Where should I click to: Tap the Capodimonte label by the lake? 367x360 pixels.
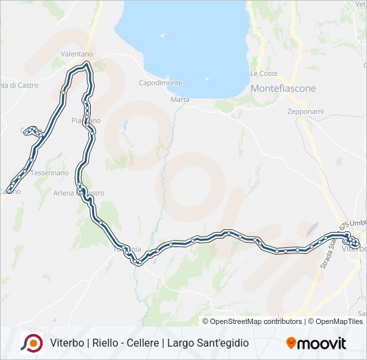tap(160, 83)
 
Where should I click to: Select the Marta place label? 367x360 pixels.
tap(180, 99)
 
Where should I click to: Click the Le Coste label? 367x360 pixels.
tap(264, 73)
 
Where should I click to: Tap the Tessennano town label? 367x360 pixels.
tap(49, 172)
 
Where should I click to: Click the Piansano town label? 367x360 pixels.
tap(86, 121)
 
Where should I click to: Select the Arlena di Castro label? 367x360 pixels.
tap(79, 193)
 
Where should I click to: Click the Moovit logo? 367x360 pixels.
tap(316, 343)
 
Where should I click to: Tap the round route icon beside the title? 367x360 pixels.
tap(31, 343)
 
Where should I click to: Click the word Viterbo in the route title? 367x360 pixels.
tap(66, 343)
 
